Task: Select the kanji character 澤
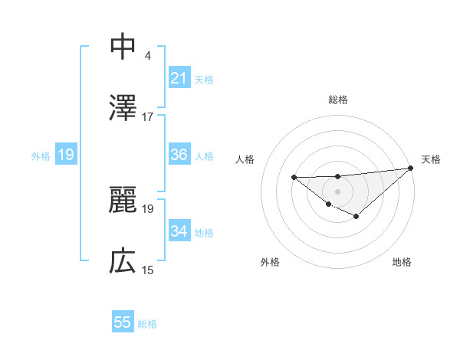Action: (123, 109)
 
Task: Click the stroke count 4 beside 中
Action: (147, 55)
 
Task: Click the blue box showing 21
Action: (179, 78)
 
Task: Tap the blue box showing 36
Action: (179, 155)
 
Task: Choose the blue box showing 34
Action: (179, 231)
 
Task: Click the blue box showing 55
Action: (123, 322)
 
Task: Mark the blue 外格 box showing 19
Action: (66, 155)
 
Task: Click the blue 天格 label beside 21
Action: (204, 79)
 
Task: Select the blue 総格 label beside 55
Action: (147, 324)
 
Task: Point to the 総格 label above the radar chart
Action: (338, 100)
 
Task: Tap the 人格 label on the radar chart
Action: (245, 159)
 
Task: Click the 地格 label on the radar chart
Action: (402, 262)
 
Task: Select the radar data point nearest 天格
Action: (411, 168)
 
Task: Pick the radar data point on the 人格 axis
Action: (294, 177)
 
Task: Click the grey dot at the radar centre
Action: (338, 191)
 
